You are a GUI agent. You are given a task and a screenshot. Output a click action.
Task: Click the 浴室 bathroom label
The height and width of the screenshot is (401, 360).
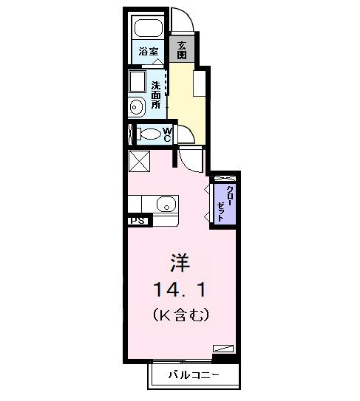(148, 52)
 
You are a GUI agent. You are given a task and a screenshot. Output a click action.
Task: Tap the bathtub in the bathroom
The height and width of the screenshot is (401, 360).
(149, 28)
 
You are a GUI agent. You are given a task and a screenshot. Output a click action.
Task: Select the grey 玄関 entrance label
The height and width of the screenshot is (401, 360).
(181, 49)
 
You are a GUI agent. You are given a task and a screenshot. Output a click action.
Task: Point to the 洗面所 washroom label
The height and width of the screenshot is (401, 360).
(157, 95)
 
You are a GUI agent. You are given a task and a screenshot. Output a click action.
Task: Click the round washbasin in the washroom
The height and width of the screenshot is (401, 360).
(137, 108)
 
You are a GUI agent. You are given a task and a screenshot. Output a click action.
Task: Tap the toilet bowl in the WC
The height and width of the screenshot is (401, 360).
(149, 134)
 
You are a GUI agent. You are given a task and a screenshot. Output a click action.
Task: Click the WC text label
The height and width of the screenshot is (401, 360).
(167, 134)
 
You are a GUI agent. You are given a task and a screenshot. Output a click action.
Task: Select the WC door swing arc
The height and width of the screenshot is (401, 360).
(187, 136)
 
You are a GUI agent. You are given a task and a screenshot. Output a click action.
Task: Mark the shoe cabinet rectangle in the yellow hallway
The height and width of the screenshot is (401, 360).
(199, 83)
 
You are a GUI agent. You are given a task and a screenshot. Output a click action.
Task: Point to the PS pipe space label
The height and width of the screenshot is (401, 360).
(137, 220)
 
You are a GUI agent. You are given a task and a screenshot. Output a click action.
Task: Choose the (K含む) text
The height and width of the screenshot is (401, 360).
(182, 315)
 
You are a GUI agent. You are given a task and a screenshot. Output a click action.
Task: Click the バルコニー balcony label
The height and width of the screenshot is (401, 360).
(191, 374)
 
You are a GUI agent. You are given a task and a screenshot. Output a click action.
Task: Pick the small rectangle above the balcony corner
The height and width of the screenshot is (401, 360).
(223, 348)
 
